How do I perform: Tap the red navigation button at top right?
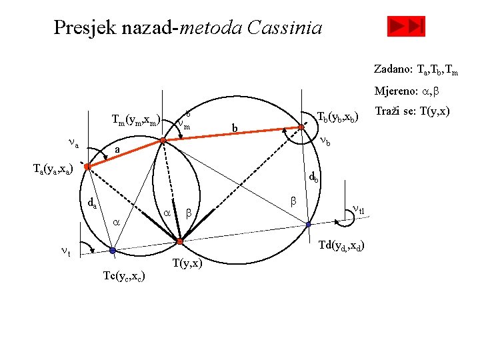click(406, 27)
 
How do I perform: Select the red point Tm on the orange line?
click(163, 141)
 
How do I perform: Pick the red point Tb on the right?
click(301, 127)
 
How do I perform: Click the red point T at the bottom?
click(179, 240)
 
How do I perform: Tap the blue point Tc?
click(113, 251)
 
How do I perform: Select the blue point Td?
click(308, 225)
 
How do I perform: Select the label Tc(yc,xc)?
click(125, 275)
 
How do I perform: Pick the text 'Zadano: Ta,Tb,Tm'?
click(415, 69)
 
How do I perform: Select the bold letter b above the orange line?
click(234, 127)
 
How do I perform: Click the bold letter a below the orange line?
click(117, 151)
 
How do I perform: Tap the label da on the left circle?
click(92, 203)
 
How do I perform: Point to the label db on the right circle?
click(313, 178)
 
